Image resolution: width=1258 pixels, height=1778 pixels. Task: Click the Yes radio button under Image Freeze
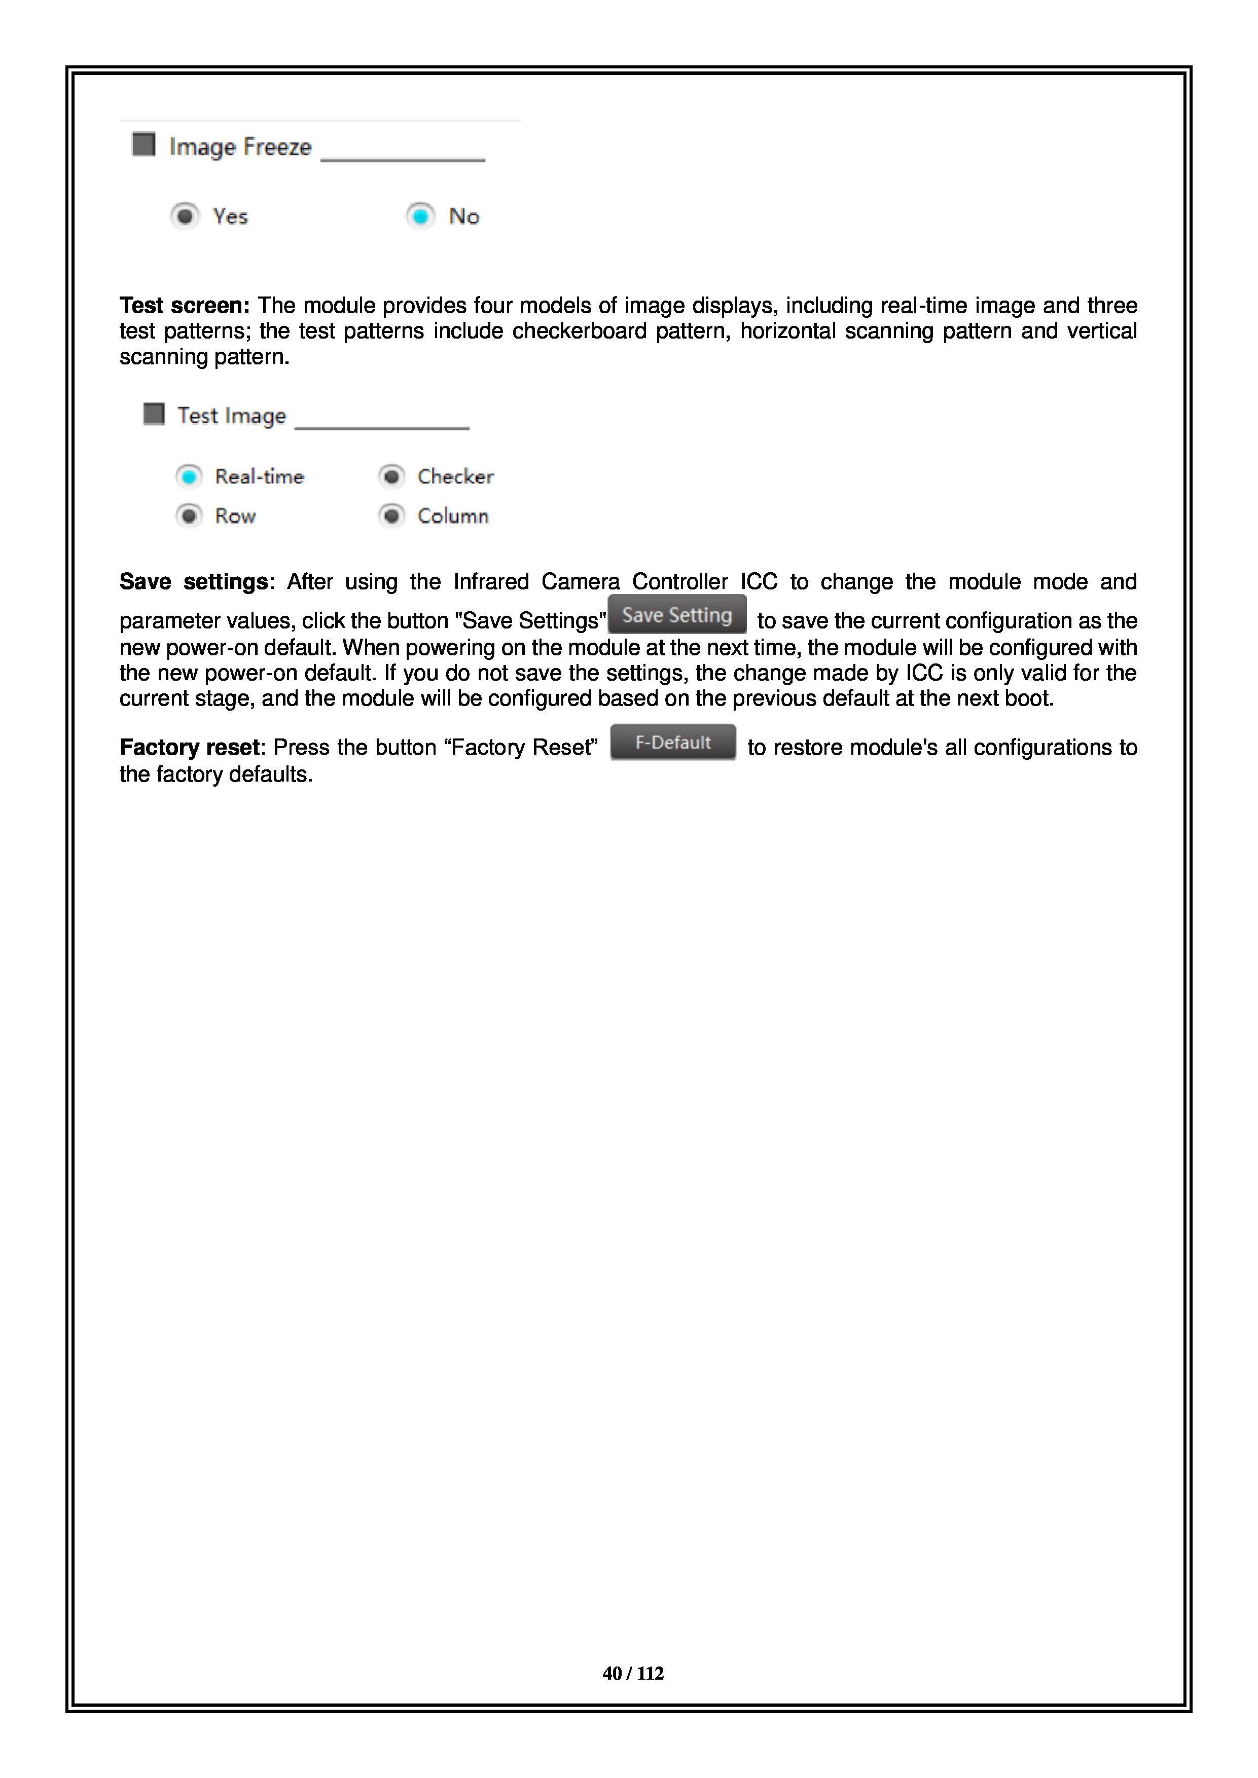point(185,216)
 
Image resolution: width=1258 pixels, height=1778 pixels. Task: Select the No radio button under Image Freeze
point(420,216)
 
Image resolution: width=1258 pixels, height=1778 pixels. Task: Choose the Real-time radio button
point(189,476)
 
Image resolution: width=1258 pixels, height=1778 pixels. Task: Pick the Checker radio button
point(392,476)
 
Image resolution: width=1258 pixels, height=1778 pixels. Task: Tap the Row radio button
point(189,516)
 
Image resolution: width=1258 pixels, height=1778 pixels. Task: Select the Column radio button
point(392,516)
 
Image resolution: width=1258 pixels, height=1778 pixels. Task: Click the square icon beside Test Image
point(154,414)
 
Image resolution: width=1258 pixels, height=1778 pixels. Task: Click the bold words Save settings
point(194,581)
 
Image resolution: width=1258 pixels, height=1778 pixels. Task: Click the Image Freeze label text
point(240,147)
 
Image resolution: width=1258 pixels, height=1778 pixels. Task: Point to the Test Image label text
point(232,416)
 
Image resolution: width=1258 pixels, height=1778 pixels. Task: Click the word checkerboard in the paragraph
point(579,331)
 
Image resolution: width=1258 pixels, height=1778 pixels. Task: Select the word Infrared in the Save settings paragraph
point(491,581)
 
